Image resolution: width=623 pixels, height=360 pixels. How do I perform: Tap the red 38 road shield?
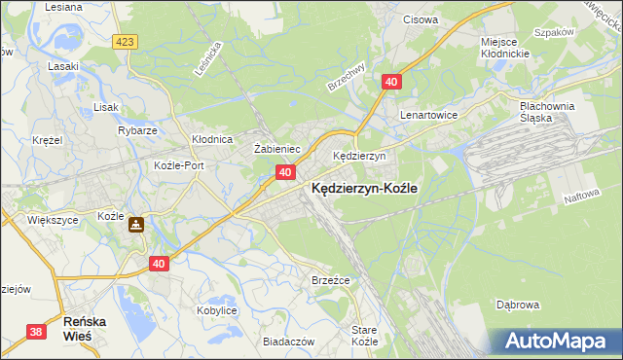36,332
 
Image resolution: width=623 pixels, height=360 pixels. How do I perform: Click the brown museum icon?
137,225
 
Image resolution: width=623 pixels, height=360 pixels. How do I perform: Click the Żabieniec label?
275,149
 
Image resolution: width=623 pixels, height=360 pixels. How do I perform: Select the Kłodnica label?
210,139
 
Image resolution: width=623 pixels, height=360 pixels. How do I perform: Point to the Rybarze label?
136,129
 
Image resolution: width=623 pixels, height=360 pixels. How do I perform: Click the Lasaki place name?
63,66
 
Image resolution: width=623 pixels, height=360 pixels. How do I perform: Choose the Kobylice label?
217,309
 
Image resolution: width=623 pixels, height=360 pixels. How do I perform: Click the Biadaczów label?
288,342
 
